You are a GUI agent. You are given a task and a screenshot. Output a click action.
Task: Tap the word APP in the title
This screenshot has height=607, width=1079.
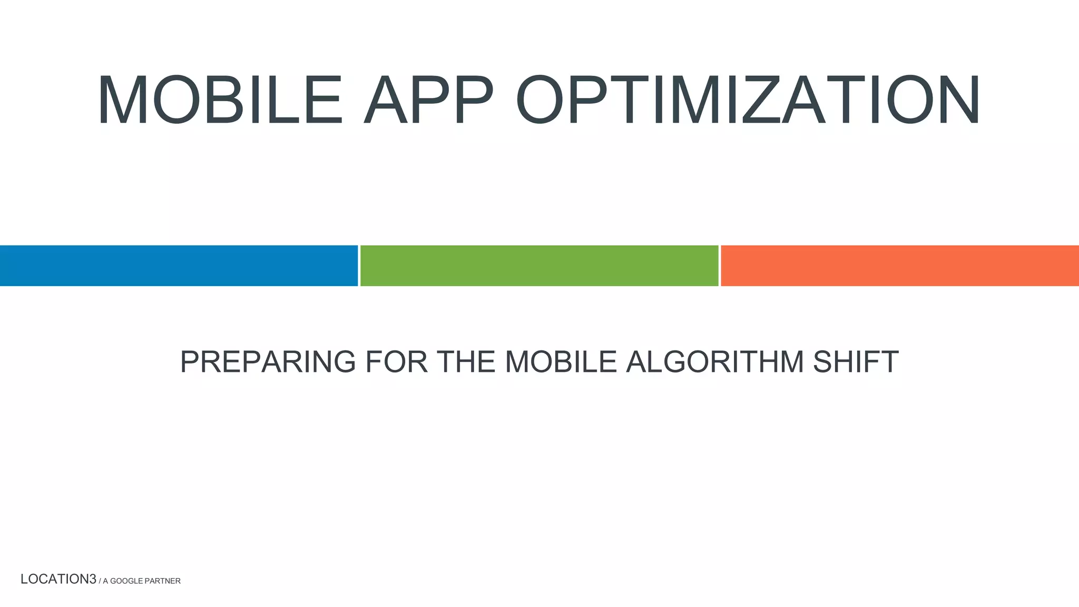tap(428, 100)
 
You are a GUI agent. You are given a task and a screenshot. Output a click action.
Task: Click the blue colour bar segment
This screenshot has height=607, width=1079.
tap(179, 266)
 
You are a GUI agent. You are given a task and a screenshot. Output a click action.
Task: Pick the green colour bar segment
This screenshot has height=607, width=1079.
tap(539, 266)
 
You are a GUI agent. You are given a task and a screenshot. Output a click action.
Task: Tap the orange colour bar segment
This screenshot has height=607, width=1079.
tap(899, 266)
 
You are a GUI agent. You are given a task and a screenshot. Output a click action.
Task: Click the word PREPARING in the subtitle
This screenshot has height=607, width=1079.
tap(268, 362)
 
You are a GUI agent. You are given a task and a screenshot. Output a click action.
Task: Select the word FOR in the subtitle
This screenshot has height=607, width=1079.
tap(396, 362)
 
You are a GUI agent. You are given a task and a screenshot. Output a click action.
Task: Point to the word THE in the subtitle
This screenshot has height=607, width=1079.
tap(466, 362)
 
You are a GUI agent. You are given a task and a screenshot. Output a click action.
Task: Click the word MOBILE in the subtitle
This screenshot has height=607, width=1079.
tap(561, 362)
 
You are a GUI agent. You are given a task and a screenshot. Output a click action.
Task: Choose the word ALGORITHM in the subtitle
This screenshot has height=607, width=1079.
tap(714, 362)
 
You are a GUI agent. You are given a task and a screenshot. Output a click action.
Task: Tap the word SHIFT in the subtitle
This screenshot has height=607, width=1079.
tap(855, 362)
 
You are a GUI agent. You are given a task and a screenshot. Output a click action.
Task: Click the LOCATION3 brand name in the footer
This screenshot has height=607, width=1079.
tap(58, 579)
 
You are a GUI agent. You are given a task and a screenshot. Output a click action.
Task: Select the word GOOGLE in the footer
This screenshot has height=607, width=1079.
tap(126, 581)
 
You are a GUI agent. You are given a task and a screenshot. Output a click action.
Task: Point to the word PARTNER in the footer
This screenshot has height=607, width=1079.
tap(163, 581)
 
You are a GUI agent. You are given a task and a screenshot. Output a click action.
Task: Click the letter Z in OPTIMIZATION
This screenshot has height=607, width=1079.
tap(761, 100)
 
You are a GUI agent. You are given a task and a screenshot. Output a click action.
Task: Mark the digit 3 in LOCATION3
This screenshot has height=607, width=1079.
tap(93, 579)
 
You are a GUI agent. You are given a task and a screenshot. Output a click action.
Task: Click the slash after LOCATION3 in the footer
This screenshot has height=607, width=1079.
tap(100, 581)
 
